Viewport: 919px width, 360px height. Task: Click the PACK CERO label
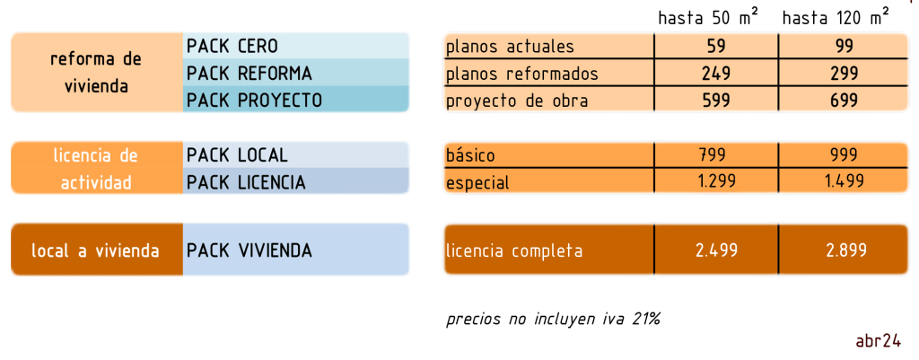[x=232, y=46]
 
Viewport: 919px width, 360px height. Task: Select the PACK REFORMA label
[x=249, y=73]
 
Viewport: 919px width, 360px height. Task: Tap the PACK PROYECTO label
[x=254, y=101]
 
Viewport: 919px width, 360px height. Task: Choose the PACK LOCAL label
[x=237, y=155]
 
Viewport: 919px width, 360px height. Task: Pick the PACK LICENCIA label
[x=246, y=182]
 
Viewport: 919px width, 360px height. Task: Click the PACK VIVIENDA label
[x=249, y=250]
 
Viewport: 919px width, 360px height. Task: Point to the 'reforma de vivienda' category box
[x=96, y=73]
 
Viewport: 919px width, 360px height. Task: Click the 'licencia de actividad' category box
[x=96, y=169]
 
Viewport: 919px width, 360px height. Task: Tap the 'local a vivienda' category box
[x=96, y=250]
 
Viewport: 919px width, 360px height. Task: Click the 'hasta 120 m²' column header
[x=836, y=17]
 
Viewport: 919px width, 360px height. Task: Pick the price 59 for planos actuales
[x=716, y=46]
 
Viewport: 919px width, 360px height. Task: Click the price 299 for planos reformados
[x=844, y=73]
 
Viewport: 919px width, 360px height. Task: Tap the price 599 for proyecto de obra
[x=716, y=101]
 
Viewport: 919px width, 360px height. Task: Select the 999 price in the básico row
[x=844, y=155]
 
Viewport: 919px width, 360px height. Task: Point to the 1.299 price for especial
[x=716, y=181]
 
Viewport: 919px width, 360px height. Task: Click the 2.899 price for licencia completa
[x=844, y=250]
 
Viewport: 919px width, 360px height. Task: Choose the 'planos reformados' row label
[x=521, y=73]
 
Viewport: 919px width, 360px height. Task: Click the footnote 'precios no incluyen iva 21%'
[x=553, y=319]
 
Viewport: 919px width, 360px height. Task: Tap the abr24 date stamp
[x=879, y=340]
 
